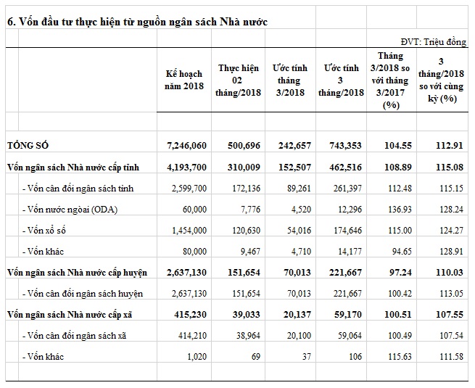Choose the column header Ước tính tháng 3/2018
coord(289,80)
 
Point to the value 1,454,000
coord(186,231)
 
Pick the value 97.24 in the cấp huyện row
coord(392,273)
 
